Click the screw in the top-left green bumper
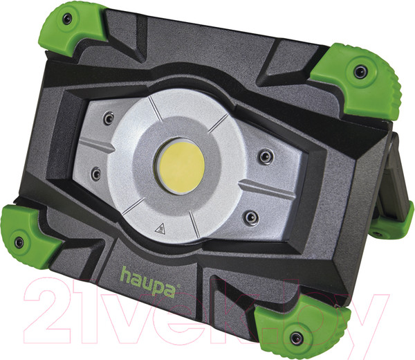[x=66, y=19]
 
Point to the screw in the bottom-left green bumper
[x=19, y=242]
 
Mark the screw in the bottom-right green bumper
[x=297, y=338]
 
